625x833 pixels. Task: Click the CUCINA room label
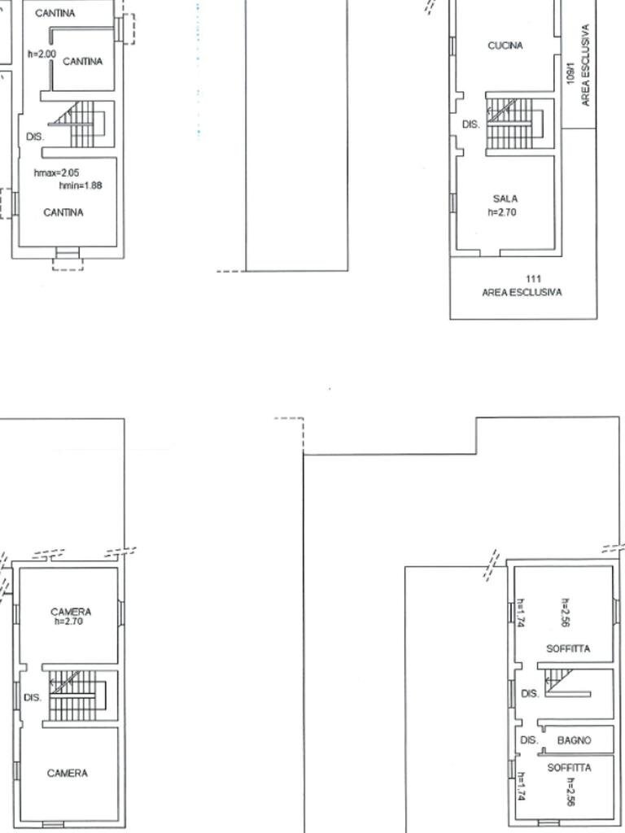[x=505, y=46]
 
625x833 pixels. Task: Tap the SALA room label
[x=505, y=199]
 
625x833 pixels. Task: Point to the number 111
[x=534, y=279]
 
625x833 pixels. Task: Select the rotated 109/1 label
[x=570, y=76]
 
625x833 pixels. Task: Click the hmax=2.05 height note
[x=56, y=173]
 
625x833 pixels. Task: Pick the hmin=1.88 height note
[x=81, y=185]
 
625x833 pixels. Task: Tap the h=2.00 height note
[x=42, y=55]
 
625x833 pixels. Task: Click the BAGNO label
[x=574, y=740]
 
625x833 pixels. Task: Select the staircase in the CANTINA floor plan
[x=81, y=124]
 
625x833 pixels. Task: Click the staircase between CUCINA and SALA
[x=511, y=123]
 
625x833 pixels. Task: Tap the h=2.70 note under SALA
[x=502, y=212]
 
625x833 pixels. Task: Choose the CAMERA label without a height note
[x=68, y=774]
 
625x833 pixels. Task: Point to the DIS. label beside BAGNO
[x=529, y=740]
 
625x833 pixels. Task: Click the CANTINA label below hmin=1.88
[x=63, y=212]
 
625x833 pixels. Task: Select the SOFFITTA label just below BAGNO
[x=569, y=768]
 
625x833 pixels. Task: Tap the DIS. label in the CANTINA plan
[x=34, y=137]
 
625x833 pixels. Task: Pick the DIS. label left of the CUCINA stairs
[x=470, y=125]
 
